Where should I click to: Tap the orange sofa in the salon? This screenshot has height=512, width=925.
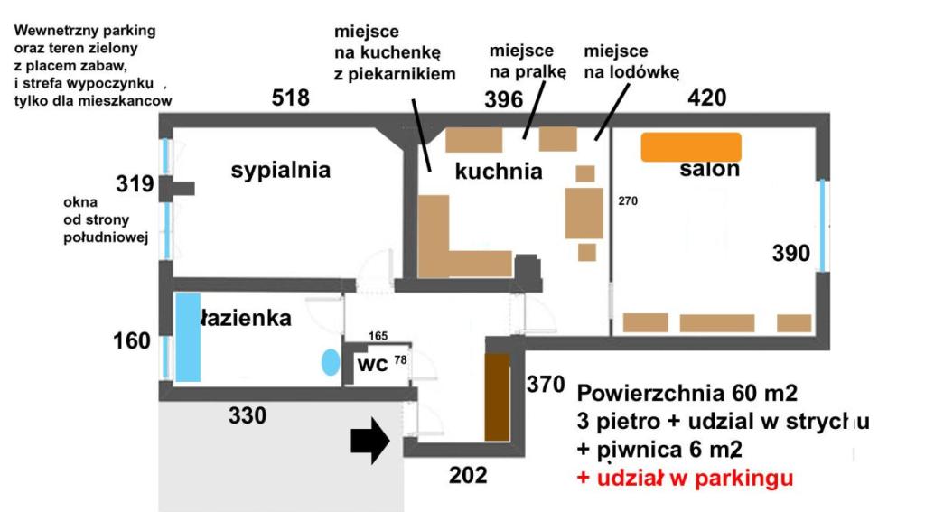pyautogui.click(x=691, y=147)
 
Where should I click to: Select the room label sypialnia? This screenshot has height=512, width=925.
pyautogui.click(x=280, y=171)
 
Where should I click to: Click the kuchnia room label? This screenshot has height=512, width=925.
pyautogui.click(x=499, y=171)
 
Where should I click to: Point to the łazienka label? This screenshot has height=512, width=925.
pyautogui.click(x=246, y=318)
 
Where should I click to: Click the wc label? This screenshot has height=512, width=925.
pyautogui.click(x=373, y=364)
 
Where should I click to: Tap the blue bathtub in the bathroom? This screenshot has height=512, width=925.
pyautogui.click(x=188, y=338)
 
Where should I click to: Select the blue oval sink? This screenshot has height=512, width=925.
pyautogui.click(x=331, y=362)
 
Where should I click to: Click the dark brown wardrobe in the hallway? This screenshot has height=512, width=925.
pyautogui.click(x=498, y=397)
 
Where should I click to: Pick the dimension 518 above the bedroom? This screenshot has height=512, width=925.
pyautogui.click(x=290, y=98)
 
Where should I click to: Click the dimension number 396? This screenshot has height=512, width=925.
pyautogui.click(x=504, y=99)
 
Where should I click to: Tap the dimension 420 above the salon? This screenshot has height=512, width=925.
pyautogui.click(x=706, y=98)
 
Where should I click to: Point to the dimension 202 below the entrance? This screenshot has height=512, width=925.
pyautogui.click(x=469, y=475)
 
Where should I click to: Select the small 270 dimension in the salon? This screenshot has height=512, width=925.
pyautogui.click(x=628, y=201)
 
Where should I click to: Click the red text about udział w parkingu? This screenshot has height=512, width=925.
pyautogui.click(x=685, y=478)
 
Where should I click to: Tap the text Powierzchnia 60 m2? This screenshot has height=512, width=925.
pyautogui.click(x=687, y=392)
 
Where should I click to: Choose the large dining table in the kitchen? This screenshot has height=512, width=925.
pyautogui.click(x=584, y=213)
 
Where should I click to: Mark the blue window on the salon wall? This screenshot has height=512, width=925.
pyautogui.click(x=822, y=226)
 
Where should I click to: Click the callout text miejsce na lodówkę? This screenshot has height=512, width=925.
pyautogui.click(x=631, y=61)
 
